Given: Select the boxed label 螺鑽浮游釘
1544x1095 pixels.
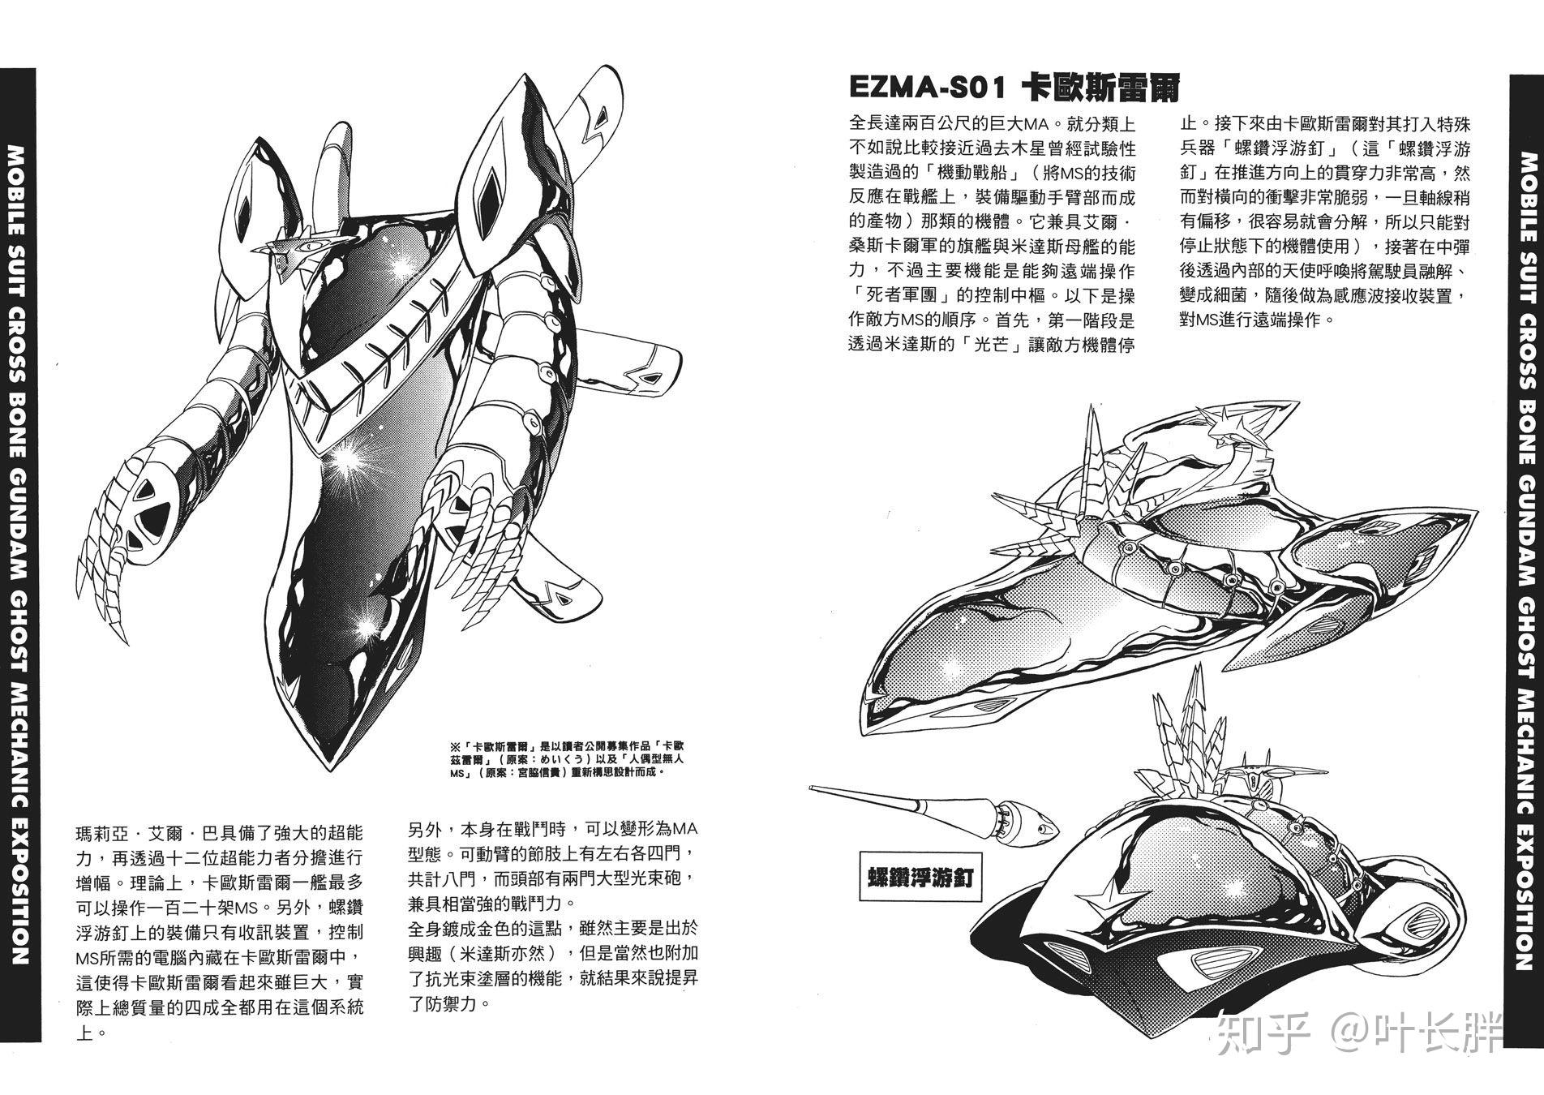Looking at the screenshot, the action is click(920, 878).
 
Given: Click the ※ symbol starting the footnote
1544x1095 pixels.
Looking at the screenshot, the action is click(453, 745).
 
